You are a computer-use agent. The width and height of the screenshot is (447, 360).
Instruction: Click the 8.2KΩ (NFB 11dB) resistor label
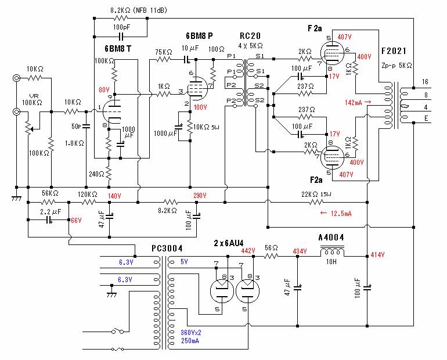(x=139, y=10)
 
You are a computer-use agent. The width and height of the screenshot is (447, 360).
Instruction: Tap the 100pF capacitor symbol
(x=121, y=37)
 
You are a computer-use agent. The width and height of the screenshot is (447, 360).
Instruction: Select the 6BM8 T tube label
(x=118, y=49)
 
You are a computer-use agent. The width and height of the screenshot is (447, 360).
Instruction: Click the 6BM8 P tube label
(x=199, y=35)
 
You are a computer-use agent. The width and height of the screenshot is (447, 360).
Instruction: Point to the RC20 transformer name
(x=250, y=35)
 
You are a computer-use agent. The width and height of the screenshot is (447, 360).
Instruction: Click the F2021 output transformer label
(x=394, y=51)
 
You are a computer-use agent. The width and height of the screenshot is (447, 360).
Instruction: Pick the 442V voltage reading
(x=248, y=250)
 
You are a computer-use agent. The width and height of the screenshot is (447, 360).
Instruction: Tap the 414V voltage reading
(x=377, y=254)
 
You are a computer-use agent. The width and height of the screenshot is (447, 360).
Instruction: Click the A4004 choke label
(x=331, y=237)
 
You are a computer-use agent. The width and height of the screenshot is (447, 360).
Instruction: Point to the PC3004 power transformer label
(x=167, y=249)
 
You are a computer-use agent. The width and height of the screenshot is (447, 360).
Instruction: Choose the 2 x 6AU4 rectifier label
(x=229, y=243)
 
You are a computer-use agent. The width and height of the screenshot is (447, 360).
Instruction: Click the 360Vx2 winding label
(x=191, y=332)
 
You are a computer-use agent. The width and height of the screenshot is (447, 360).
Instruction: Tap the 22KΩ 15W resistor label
(x=316, y=195)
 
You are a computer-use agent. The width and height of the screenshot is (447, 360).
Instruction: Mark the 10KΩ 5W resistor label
(x=206, y=127)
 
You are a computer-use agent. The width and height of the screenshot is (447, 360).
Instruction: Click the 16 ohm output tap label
(x=425, y=82)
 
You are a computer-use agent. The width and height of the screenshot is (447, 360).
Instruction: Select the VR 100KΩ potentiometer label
(x=32, y=99)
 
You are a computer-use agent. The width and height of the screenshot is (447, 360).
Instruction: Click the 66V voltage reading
(x=76, y=220)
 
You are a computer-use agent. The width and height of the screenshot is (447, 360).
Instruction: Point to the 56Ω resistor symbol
(x=271, y=256)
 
